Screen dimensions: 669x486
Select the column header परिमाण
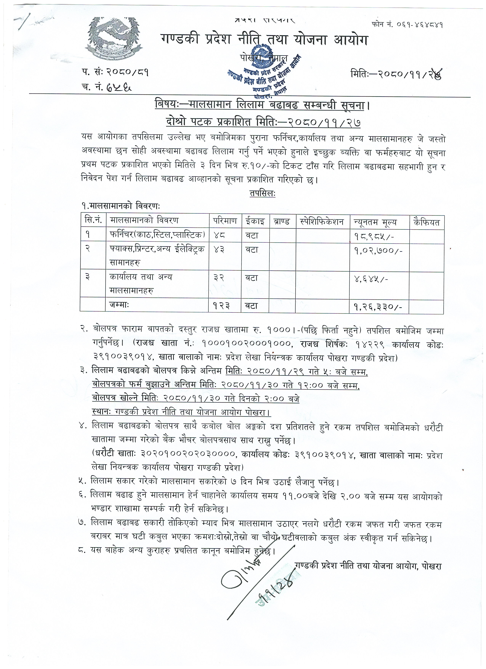pyautogui.click(x=225, y=221)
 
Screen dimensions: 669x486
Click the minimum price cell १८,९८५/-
pyautogui.click(x=372, y=236)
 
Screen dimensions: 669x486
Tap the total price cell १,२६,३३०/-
pyautogui.click(x=375, y=307)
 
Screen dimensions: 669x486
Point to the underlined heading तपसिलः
pyautogui.click(x=262, y=193)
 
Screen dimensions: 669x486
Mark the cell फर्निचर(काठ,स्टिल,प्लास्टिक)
pyautogui.click(x=157, y=235)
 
